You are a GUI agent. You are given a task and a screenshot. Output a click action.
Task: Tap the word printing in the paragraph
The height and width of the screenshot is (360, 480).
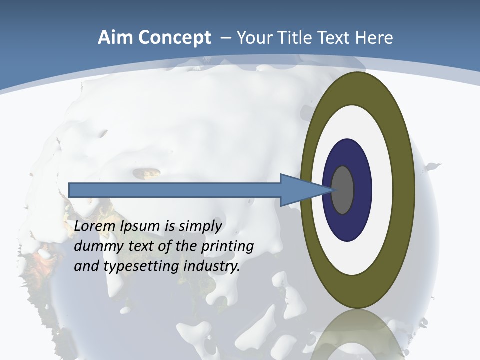tap(227, 247)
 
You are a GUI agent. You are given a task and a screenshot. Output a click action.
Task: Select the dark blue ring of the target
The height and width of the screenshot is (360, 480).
tap(362, 190)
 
